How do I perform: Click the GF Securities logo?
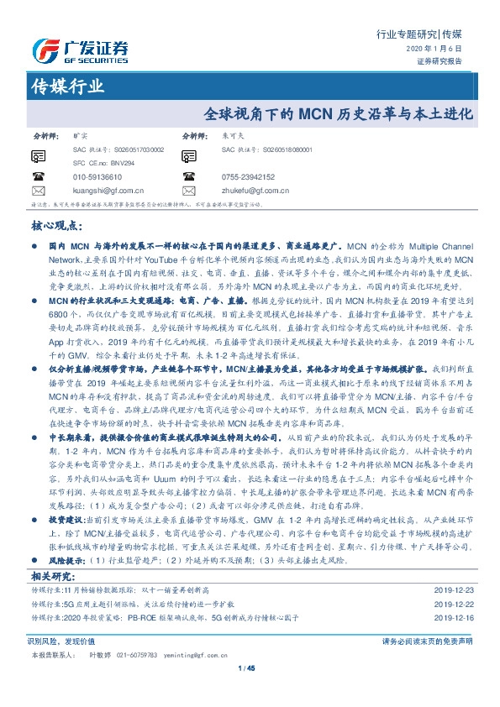[x=80, y=51]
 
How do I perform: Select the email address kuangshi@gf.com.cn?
[x=108, y=191]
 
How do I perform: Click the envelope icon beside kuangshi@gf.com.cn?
[x=37, y=191]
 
